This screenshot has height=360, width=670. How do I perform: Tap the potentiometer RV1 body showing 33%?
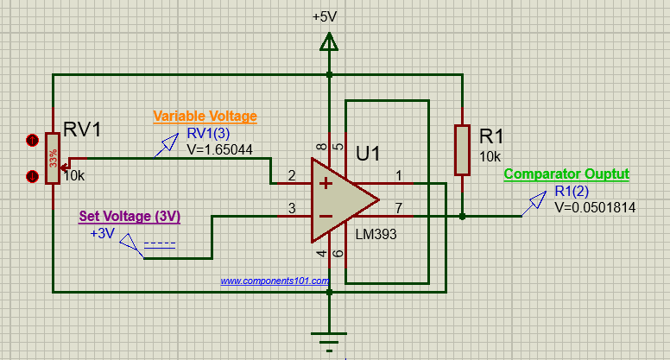click(x=53, y=158)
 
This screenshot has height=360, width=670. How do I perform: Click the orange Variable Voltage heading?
click(x=205, y=117)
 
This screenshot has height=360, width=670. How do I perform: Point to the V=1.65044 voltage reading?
click(x=219, y=148)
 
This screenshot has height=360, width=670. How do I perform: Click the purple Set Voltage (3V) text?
click(x=130, y=216)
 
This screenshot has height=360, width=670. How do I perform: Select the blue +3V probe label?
click(x=102, y=232)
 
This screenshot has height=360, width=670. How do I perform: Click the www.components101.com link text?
click(x=275, y=281)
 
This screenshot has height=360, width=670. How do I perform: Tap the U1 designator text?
click(x=369, y=154)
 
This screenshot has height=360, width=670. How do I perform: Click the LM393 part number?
click(x=376, y=234)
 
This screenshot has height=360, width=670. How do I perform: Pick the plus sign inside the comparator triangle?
click(x=326, y=183)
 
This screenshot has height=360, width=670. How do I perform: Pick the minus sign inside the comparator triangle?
click(x=326, y=216)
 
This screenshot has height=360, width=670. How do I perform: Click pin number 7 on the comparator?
click(x=399, y=208)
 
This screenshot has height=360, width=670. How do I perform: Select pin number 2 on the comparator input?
click(x=292, y=176)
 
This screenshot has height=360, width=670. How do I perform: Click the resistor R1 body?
click(x=462, y=150)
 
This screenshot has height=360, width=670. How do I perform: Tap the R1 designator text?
click(x=490, y=137)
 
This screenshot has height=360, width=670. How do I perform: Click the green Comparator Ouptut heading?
click(x=566, y=174)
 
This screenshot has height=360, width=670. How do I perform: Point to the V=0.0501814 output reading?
click(x=597, y=207)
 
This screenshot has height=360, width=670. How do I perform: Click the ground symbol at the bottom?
click(x=328, y=339)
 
